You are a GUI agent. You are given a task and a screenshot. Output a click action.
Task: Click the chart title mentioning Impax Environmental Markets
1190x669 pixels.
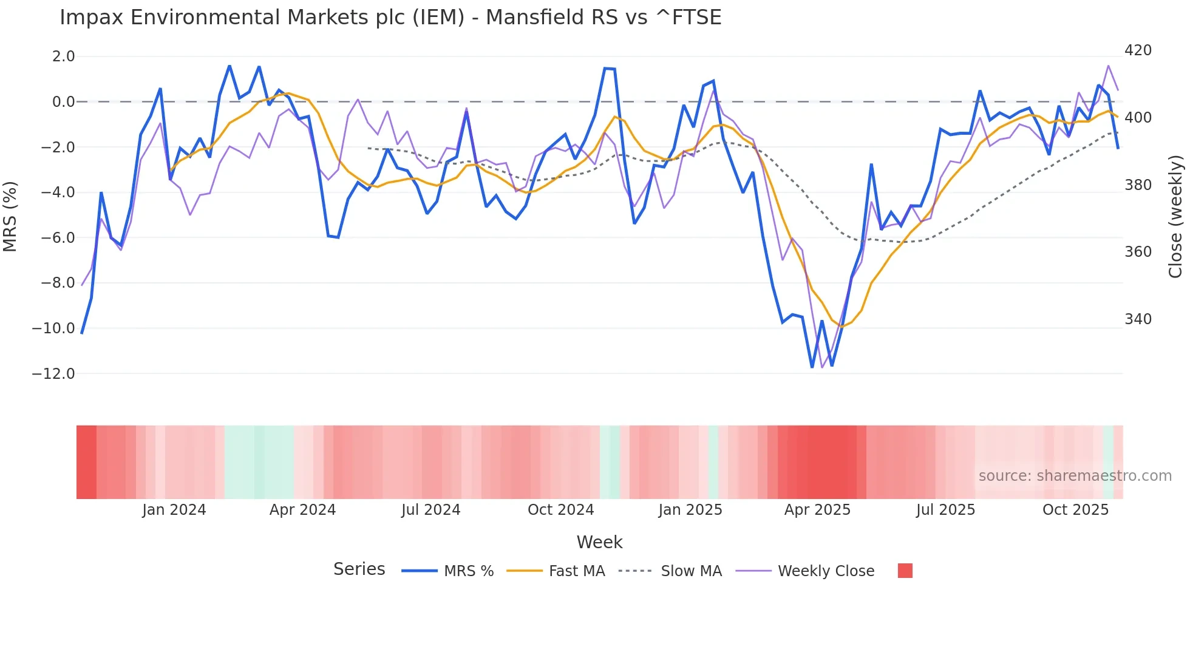(x=390, y=18)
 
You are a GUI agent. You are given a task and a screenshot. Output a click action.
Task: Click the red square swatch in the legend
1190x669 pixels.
(x=905, y=571)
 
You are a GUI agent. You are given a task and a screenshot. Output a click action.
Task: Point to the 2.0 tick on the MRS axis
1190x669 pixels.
(x=63, y=56)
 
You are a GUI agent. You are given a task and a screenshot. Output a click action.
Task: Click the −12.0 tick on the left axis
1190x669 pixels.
(x=53, y=374)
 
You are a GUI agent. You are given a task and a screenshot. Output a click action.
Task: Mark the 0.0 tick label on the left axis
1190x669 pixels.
(x=63, y=102)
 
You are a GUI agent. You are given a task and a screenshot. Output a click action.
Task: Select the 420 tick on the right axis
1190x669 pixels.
(x=1138, y=50)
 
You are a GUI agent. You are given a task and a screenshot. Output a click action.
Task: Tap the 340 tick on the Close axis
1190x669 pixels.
(x=1138, y=319)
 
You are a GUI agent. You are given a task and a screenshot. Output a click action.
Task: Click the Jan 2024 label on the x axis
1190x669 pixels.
(x=174, y=510)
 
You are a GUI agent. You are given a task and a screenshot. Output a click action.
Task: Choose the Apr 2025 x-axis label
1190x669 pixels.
(x=817, y=510)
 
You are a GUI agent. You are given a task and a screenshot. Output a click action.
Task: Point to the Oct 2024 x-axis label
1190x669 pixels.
(x=560, y=510)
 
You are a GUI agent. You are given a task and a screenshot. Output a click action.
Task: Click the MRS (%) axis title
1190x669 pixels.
(x=10, y=216)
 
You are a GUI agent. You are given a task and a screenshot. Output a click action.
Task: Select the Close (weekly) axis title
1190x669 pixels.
(x=1176, y=216)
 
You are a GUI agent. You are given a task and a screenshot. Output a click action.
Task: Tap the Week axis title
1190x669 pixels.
(x=599, y=542)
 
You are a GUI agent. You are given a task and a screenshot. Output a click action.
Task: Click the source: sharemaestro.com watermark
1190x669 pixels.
(x=1075, y=476)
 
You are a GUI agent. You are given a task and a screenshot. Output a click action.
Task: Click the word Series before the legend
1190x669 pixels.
(x=359, y=569)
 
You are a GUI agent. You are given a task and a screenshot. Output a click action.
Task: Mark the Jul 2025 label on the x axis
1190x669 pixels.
(x=945, y=510)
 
